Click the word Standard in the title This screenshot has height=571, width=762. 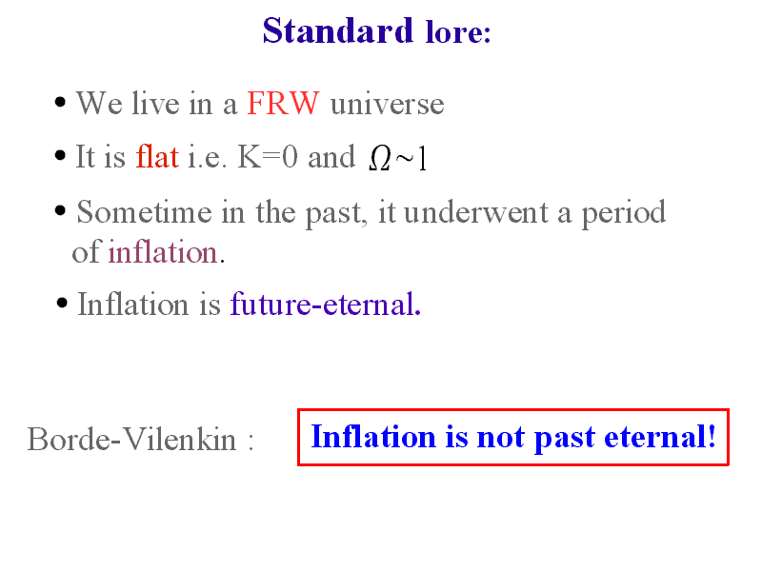(x=338, y=30)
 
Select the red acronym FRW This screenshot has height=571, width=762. (x=283, y=103)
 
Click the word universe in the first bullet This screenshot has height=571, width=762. (x=388, y=105)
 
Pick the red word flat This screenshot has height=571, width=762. (x=157, y=156)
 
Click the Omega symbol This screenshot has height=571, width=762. (x=379, y=158)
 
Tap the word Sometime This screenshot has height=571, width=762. (x=145, y=212)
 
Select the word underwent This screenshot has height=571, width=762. (x=475, y=212)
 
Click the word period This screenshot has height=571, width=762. (x=624, y=212)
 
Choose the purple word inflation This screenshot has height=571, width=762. (x=162, y=252)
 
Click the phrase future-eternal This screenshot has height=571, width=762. (x=326, y=304)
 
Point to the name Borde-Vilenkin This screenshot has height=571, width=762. (x=131, y=440)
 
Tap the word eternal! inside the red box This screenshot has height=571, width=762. (x=660, y=437)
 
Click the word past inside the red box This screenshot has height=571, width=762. (x=564, y=439)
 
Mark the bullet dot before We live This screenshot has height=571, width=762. (x=60, y=103)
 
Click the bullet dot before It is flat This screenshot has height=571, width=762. (x=60, y=156)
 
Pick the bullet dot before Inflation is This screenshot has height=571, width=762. (x=62, y=304)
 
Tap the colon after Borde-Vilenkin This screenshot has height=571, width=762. (x=251, y=441)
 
